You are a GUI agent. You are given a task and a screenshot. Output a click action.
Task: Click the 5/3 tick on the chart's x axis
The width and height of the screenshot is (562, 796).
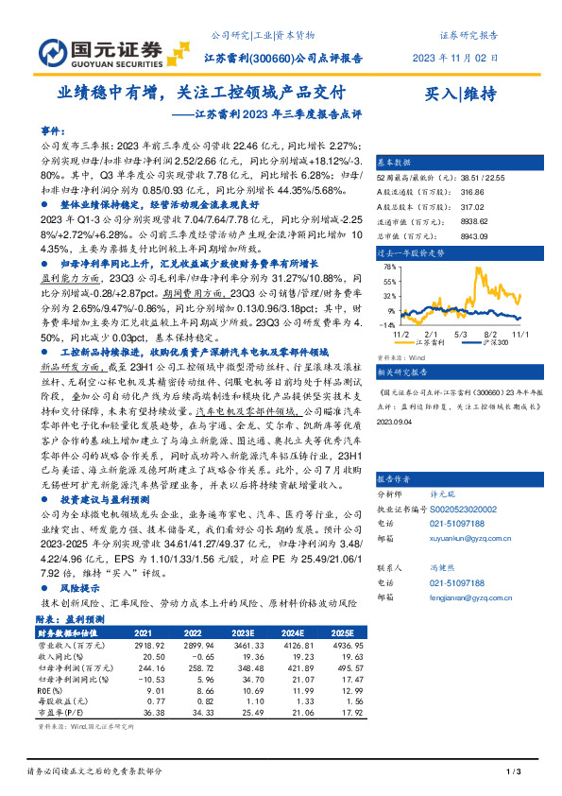pos(461,335)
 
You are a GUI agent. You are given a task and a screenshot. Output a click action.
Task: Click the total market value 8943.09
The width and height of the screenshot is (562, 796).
pos(473,237)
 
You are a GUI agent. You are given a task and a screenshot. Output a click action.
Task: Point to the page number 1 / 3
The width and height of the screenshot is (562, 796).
pos(514,771)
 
